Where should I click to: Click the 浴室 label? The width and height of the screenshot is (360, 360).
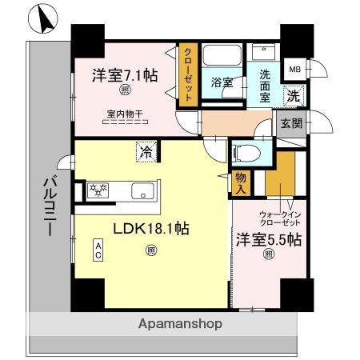[x=222, y=82]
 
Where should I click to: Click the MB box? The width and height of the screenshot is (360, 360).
[x=295, y=70]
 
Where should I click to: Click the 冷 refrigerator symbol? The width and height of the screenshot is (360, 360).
[x=146, y=150]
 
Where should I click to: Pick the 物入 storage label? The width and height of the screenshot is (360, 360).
[x=240, y=183]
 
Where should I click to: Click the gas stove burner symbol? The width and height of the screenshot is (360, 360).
[x=98, y=190]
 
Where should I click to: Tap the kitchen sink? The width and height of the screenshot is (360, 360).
[x=142, y=192]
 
